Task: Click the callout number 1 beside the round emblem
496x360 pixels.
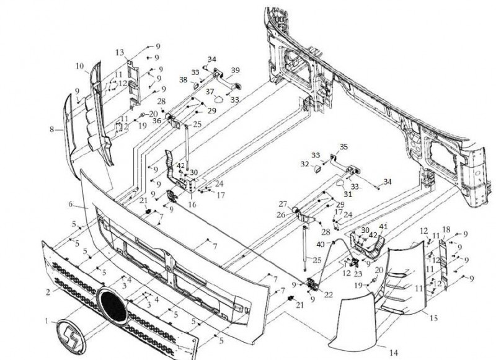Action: pyautogui.click(x=45, y=321)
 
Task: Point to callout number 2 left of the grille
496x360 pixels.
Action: pyautogui.click(x=48, y=289)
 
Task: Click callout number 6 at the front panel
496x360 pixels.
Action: pyautogui.click(x=71, y=204)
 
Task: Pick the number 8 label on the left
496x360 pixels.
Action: pyautogui.click(x=53, y=130)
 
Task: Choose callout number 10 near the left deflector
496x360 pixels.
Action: pyautogui.click(x=79, y=65)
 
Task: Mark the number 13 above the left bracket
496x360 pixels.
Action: pyautogui.click(x=120, y=52)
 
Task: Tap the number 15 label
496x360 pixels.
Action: pyautogui.click(x=433, y=318)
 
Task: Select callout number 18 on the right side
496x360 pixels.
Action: pyautogui.click(x=446, y=229)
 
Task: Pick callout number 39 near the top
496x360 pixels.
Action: pyautogui.click(x=235, y=69)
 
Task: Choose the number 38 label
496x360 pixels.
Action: pyautogui.click(x=184, y=79)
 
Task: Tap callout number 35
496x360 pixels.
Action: pyautogui.click(x=344, y=147)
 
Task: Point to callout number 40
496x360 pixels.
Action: pyautogui.click(x=321, y=244)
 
